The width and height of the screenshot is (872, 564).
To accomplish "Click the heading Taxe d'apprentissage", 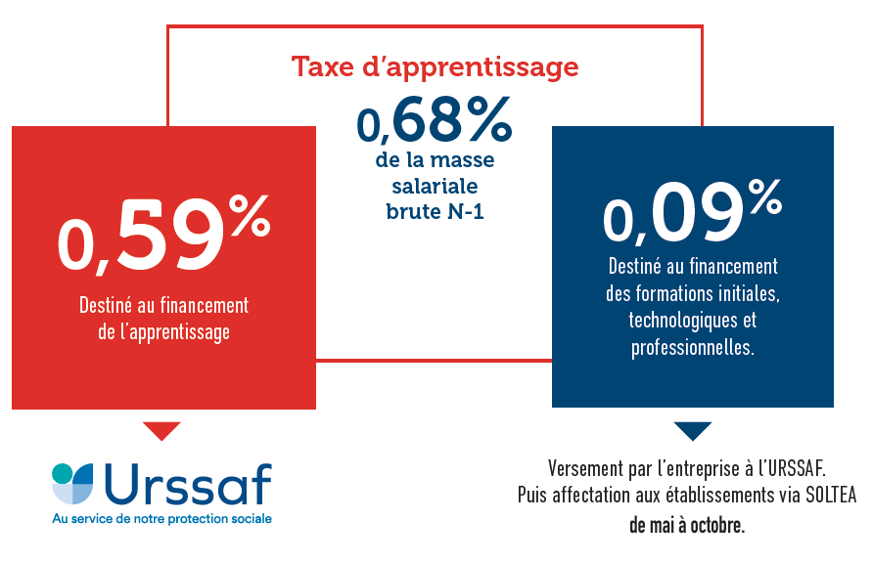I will tap(435, 67).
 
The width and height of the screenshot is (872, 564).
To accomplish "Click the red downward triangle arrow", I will tap(161, 431).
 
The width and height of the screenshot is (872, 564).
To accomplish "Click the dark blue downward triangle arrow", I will tap(692, 431).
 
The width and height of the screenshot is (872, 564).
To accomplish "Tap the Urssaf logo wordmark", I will tap(186, 484).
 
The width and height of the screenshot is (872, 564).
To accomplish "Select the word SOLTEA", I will tap(831, 496).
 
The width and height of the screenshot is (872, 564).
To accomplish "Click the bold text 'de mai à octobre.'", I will tap(686, 524).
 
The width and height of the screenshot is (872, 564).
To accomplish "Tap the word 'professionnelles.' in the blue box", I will tap(692, 347).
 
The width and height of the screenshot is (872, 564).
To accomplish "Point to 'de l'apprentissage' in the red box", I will tap(163, 331).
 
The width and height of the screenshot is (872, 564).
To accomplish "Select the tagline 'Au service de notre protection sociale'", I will tap(161, 518).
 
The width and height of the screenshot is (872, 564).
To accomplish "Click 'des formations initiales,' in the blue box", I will tap(692, 292).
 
